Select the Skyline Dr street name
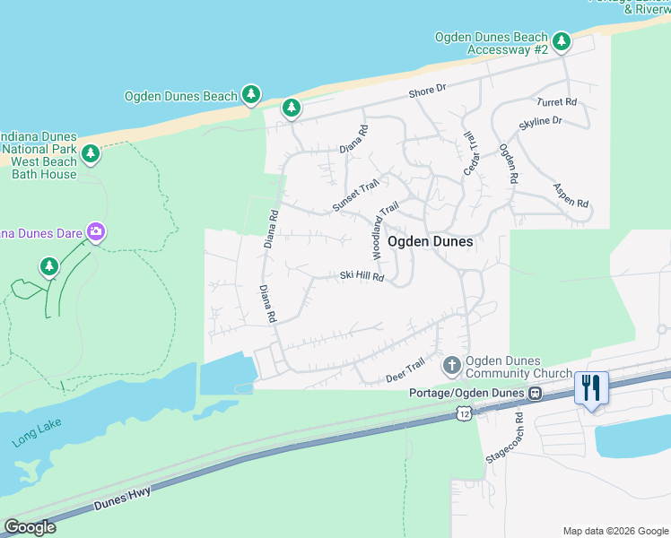pos(540,120)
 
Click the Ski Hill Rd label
pos(362,277)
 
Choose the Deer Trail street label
pos(405,369)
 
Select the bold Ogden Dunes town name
pos(430,241)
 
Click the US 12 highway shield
pos(462,412)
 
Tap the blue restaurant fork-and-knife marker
pos(591,388)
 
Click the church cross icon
pos(451,366)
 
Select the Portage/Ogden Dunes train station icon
pos(535,393)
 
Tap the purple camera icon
pos(96,233)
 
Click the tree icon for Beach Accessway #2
pos(562,41)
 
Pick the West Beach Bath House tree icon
pos(90,154)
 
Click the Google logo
pos(30,527)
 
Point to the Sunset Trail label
pos(356,195)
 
